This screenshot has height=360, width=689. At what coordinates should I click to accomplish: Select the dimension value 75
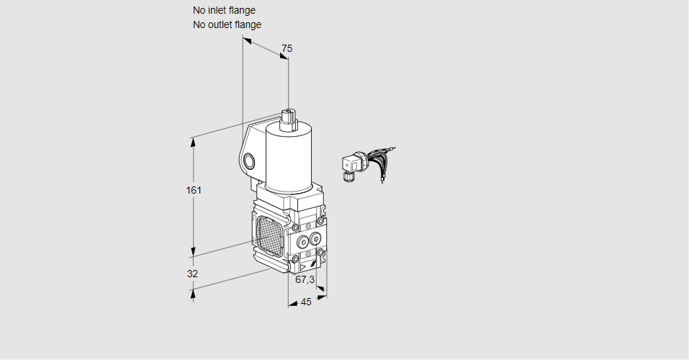287,48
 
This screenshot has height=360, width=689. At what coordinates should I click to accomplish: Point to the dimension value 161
194,190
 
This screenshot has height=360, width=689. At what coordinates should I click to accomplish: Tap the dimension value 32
192,274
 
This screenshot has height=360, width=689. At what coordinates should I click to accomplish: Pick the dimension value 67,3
305,279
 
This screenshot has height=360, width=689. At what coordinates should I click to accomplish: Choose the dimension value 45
306,302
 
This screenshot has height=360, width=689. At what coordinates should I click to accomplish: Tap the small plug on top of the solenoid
289,117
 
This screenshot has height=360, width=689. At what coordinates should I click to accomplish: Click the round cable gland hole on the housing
249,161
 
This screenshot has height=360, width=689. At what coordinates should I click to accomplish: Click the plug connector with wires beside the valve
352,165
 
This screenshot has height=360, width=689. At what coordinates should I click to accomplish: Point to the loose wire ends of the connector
385,155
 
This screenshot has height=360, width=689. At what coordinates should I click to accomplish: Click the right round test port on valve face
315,238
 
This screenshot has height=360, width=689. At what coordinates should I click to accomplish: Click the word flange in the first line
243,10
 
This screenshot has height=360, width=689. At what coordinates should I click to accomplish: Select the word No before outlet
199,24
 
